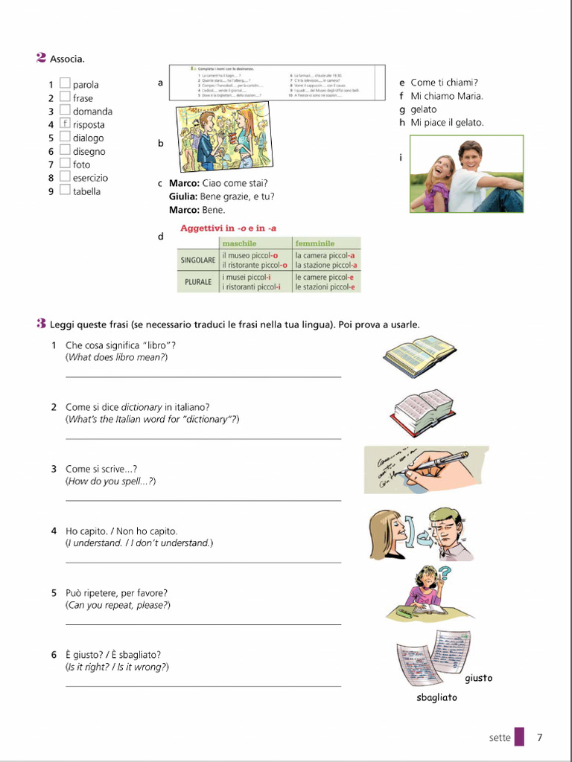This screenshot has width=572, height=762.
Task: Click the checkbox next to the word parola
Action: (x=65, y=84)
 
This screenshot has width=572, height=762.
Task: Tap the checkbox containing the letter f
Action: (x=65, y=124)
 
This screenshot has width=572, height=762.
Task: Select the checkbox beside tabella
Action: (x=65, y=190)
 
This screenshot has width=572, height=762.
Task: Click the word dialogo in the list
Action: (x=88, y=138)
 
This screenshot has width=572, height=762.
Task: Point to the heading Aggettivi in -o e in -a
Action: (x=228, y=228)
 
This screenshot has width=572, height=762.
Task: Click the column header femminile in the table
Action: (x=314, y=243)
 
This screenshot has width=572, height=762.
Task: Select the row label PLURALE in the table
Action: (x=198, y=282)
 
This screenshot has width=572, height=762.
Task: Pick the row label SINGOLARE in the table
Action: (x=198, y=260)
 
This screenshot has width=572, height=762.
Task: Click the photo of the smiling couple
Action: (x=466, y=174)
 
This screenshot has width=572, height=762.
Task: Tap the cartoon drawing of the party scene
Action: (x=222, y=138)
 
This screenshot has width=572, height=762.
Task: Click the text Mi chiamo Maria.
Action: (x=446, y=96)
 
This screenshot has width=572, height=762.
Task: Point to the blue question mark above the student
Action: (x=445, y=574)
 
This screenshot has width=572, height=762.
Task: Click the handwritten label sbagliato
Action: (x=436, y=698)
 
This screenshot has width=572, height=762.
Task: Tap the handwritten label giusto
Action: (x=478, y=678)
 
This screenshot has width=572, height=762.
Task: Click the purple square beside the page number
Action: (x=519, y=737)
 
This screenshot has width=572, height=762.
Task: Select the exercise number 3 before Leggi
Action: (x=42, y=324)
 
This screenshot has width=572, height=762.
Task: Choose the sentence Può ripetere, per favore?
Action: (x=116, y=593)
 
